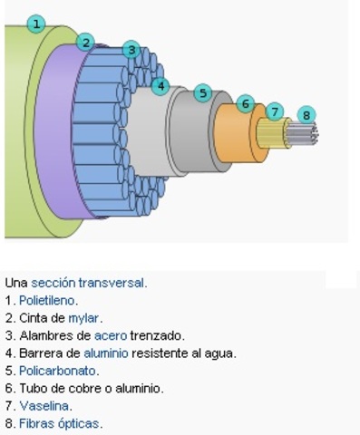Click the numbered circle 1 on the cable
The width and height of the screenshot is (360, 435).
coord(36,24)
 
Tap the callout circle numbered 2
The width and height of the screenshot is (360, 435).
coord(85,42)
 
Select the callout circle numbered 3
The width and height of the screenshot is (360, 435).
coord(131,50)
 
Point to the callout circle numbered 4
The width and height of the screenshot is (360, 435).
coord(161,86)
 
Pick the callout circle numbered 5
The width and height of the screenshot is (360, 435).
coord(202,92)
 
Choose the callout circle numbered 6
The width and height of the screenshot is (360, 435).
coord(245,104)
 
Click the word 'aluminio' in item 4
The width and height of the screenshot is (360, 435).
coord(110,353)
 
